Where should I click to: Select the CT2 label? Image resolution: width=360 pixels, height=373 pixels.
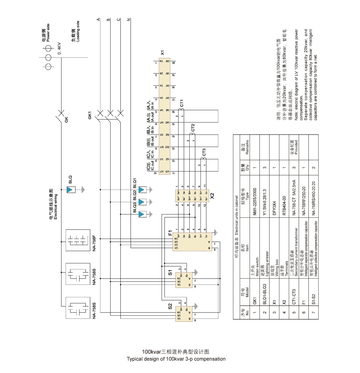point(193,128)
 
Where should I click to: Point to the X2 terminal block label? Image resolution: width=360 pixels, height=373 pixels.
point(212,196)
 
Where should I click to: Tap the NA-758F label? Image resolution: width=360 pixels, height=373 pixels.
point(94,243)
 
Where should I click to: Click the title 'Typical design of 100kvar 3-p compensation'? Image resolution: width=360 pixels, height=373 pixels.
point(176,359)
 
